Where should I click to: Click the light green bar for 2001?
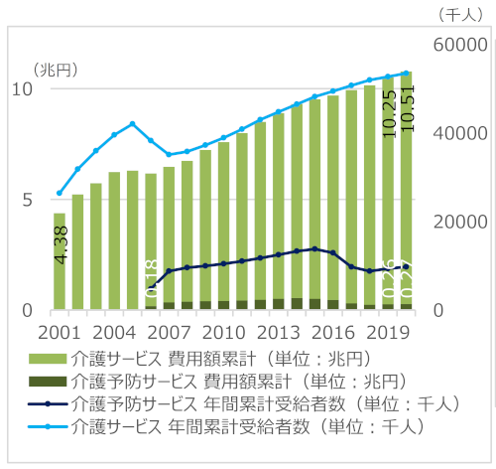click(x=60, y=261)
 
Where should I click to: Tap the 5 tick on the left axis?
click(x=27, y=200)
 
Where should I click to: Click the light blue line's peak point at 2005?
click(x=133, y=123)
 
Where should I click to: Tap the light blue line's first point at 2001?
click(x=60, y=193)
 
